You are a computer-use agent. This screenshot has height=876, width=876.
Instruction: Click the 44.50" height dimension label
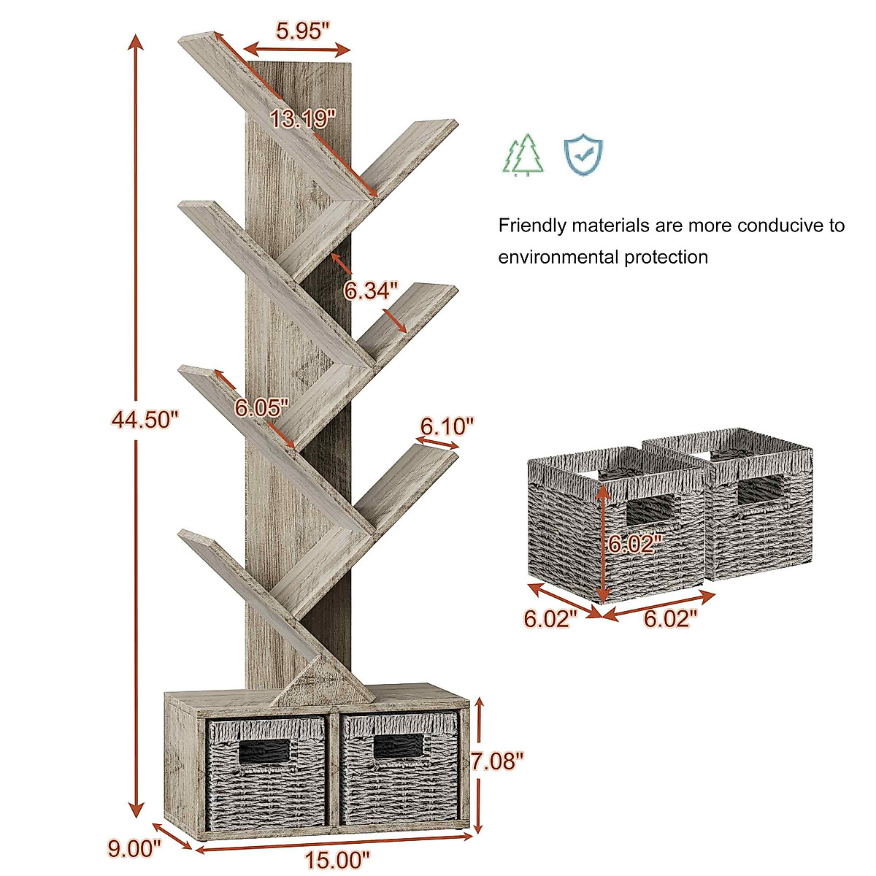click(x=145, y=419)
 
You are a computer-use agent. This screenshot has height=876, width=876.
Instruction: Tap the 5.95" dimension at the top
click(x=303, y=31)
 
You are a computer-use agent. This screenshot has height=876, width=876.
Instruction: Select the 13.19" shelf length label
click(x=302, y=118)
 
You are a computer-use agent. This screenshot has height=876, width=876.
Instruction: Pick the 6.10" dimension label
click(x=447, y=425)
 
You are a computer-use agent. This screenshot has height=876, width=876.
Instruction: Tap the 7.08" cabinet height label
click(x=498, y=761)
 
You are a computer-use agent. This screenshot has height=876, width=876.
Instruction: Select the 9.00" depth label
click(x=134, y=848)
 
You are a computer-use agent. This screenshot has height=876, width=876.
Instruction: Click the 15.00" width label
click(x=338, y=859)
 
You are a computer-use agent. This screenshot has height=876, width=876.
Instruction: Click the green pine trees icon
click(x=524, y=155)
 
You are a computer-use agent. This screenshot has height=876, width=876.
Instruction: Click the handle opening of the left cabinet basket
click(x=265, y=750)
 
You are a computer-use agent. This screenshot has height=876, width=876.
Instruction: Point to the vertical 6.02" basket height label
click(x=634, y=542)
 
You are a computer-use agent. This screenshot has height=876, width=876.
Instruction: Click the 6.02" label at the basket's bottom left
click(x=550, y=619)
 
